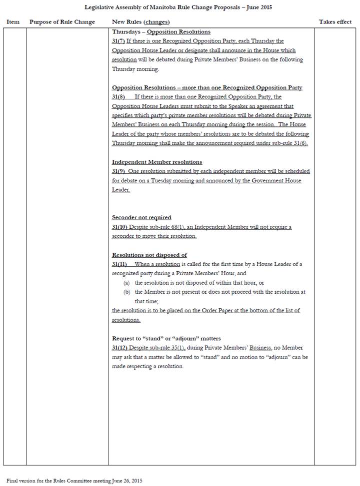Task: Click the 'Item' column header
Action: (x=13, y=22)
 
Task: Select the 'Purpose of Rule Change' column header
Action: (x=62, y=22)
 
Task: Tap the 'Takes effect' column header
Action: (x=335, y=22)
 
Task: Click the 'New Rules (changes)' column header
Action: (x=140, y=22)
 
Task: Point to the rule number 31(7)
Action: (x=118, y=41)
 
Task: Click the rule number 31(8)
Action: (x=118, y=97)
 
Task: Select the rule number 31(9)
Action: (x=118, y=171)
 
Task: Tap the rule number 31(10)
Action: (x=120, y=227)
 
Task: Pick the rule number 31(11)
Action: (x=120, y=264)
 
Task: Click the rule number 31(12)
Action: (x=120, y=348)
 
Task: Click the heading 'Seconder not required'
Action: (x=141, y=217)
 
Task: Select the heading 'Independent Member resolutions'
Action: (x=157, y=162)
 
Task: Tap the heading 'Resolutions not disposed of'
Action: (x=149, y=255)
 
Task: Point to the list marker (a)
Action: (x=127, y=283)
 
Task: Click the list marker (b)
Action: (x=127, y=292)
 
